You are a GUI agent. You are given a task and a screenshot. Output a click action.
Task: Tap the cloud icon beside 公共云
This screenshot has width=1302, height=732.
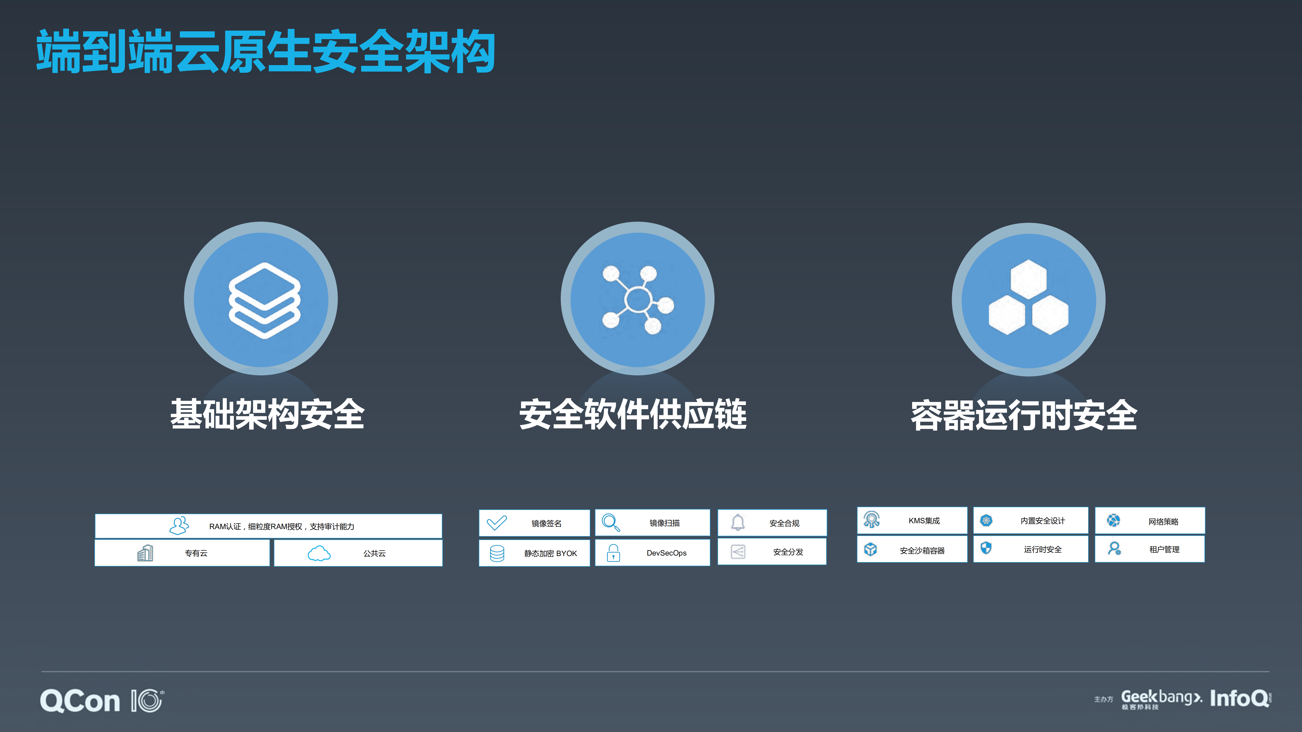319,553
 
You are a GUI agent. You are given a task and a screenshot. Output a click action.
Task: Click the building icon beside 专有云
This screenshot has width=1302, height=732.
145,553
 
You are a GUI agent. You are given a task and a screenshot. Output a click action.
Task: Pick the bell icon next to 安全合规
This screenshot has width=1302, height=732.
738,522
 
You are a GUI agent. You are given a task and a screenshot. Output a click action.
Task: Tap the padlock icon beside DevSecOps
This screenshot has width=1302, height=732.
613,553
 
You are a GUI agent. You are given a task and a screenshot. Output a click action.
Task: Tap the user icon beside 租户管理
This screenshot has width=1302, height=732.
1114,549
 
